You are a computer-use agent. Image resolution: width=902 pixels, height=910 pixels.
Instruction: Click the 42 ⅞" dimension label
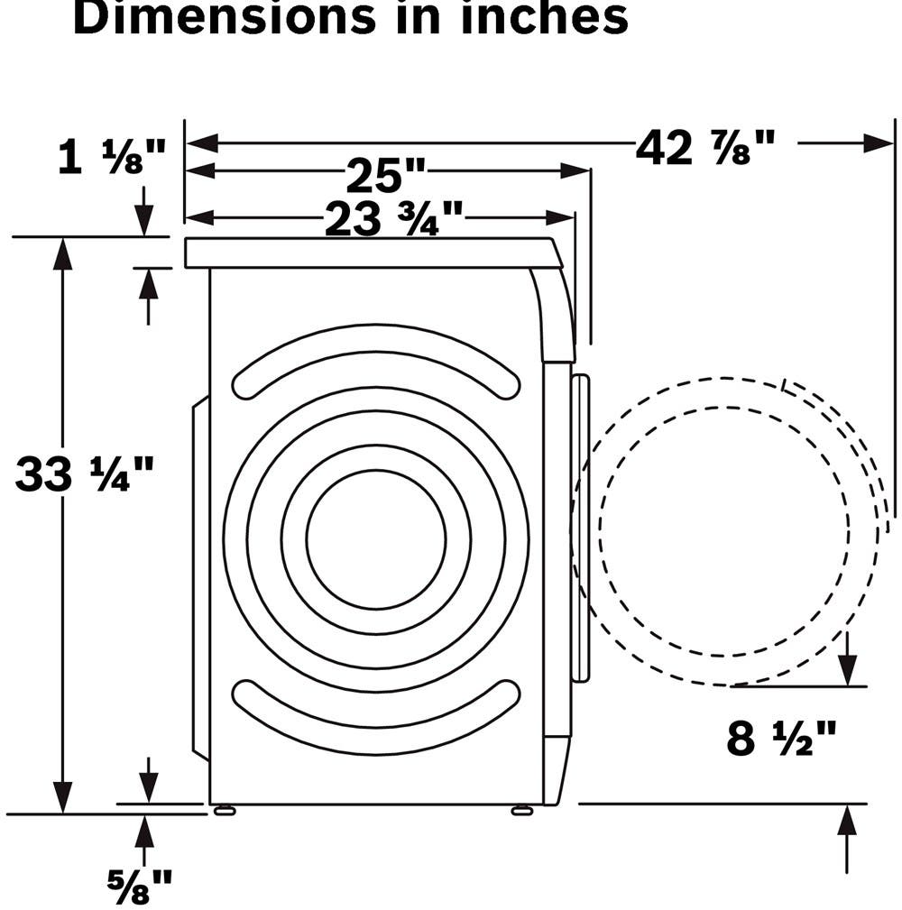[x=705, y=147]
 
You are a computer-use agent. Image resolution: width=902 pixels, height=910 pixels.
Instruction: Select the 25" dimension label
[x=386, y=175]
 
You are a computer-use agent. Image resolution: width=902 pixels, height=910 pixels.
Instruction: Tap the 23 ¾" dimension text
[x=394, y=219]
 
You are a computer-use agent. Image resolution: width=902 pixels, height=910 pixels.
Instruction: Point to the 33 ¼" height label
[x=85, y=473]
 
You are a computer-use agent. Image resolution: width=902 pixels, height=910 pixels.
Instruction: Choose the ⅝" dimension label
[x=140, y=886]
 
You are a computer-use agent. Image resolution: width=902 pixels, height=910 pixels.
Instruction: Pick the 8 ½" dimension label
[x=781, y=738]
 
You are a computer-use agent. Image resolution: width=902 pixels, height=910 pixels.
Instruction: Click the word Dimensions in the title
[x=225, y=17]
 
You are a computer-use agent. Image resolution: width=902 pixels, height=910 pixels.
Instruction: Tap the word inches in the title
[x=545, y=17]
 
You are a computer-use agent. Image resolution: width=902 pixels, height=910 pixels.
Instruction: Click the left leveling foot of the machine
[x=225, y=810]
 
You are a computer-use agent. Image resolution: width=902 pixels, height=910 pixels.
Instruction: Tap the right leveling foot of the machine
[x=522, y=810]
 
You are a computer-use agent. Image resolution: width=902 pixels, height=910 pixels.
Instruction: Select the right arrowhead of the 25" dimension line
[x=575, y=171]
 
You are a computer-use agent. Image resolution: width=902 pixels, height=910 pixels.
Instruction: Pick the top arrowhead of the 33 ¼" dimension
[x=62, y=253]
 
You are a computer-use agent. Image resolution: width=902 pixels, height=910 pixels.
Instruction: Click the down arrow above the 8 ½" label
[x=848, y=670]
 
